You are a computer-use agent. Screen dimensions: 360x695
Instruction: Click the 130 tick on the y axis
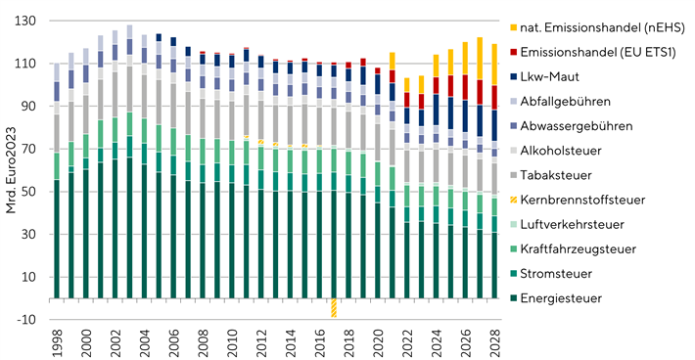pos(26,21)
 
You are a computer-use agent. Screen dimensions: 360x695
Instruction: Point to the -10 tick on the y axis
pos(27,320)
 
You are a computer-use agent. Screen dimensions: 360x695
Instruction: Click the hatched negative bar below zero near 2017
pos(334,307)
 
